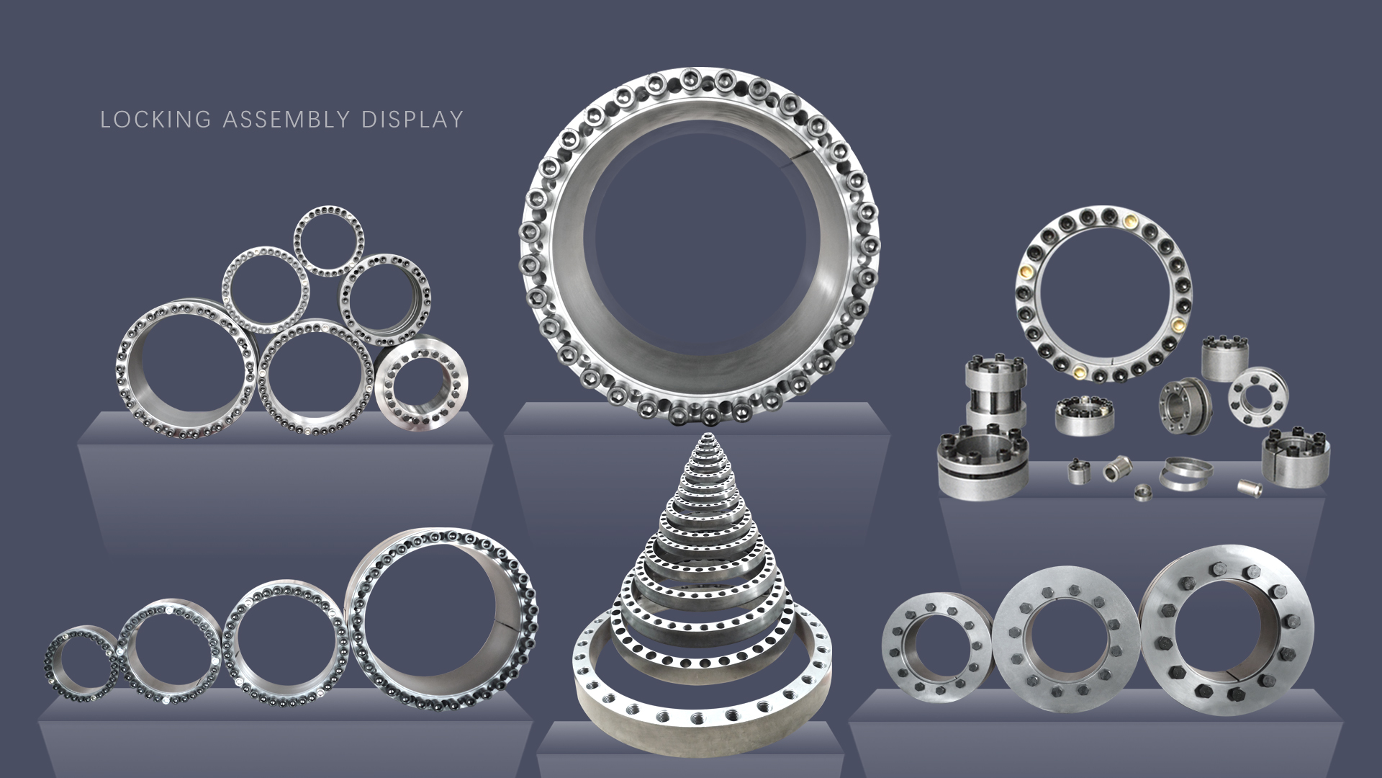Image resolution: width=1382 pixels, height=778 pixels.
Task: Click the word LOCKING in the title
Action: click(x=155, y=120)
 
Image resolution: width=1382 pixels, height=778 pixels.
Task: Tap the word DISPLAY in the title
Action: click(x=412, y=120)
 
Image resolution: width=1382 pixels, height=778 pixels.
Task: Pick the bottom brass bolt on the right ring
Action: click(x=1080, y=372)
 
